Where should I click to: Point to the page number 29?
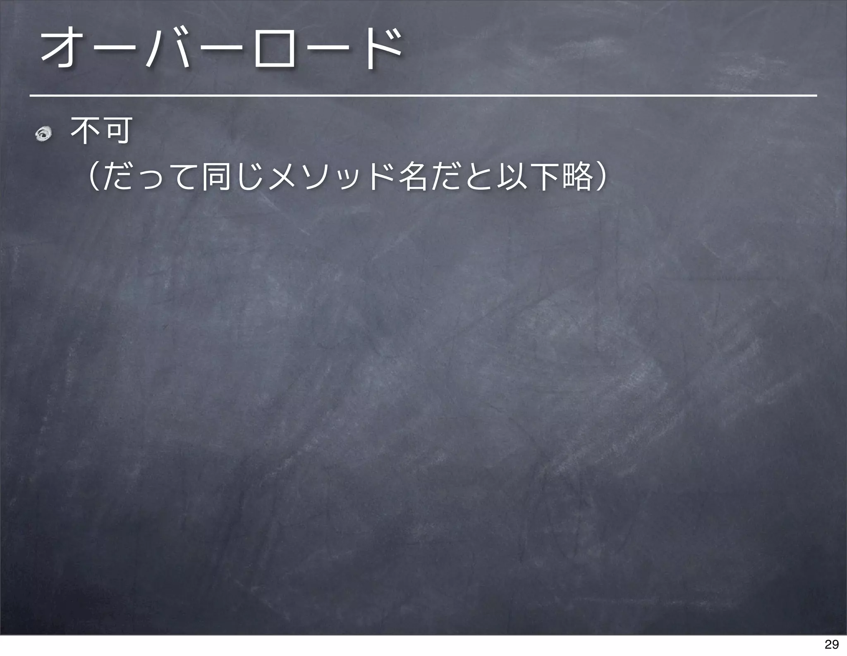point(831,644)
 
